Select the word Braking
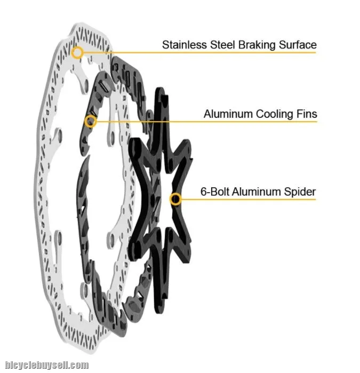(x=257, y=45)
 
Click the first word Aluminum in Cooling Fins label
(x=228, y=114)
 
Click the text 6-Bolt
(x=215, y=192)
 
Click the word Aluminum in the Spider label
(x=257, y=192)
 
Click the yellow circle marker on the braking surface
(x=77, y=53)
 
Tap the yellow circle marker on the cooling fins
(x=91, y=121)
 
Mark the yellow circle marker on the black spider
(x=175, y=199)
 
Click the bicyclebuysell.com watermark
(x=47, y=365)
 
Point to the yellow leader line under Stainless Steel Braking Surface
(x=200, y=53)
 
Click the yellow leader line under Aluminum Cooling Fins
(x=207, y=122)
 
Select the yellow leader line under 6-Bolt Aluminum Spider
(x=249, y=200)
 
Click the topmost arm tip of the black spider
(x=160, y=89)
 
